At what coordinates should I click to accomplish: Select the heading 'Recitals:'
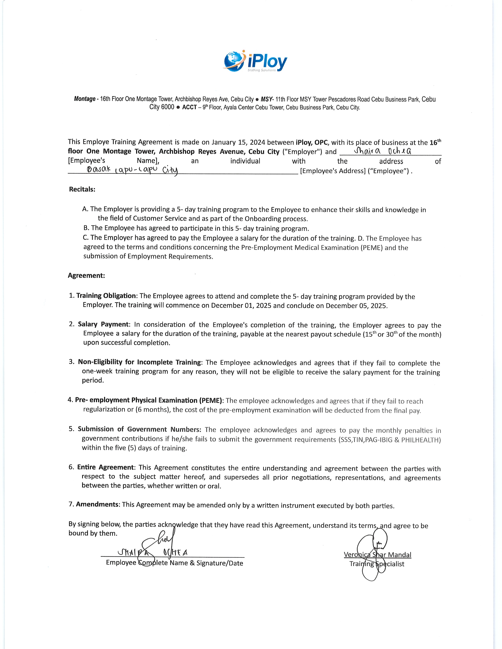(82, 189)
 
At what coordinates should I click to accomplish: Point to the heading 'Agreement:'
(86, 276)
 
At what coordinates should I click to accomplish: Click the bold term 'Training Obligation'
(106, 296)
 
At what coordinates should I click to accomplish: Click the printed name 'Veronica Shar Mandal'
(377, 555)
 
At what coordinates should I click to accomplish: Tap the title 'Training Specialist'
(377, 564)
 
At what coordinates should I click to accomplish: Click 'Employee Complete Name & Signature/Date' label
(175, 563)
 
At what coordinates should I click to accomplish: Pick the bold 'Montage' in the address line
(84, 99)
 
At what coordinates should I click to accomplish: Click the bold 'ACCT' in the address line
(189, 107)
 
